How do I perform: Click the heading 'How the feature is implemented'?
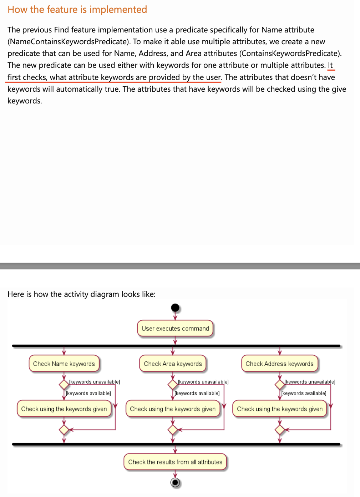pos(77,10)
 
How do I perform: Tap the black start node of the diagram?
pos(175,308)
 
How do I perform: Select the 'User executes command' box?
pos(175,328)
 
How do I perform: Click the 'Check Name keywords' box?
pos(64,364)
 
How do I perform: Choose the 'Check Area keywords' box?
pos(173,364)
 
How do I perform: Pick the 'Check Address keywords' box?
pos(279,364)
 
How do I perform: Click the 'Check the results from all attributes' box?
pos(175,462)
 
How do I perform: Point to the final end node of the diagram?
pos(175,482)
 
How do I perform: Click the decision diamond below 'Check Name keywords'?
pos(64,384)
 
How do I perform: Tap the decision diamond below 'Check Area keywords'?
pos(173,384)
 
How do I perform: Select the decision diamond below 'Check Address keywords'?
pos(280,384)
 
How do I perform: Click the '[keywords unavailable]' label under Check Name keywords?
pos(95,382)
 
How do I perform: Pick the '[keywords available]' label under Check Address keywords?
pos(304,393)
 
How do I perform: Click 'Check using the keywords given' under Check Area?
pos(173,409)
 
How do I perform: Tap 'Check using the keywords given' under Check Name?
pos(64,409)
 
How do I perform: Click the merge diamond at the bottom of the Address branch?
pos(280,430)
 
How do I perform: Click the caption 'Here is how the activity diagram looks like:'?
pos(81,294)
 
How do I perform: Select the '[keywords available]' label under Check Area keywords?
pos(197,393)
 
